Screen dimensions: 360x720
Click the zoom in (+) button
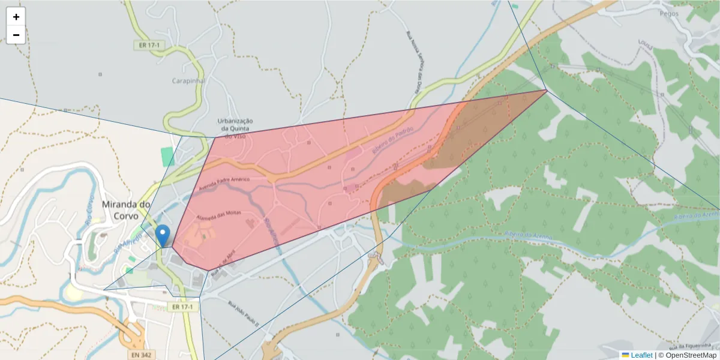[x=16, y=17]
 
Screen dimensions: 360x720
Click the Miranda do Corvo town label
[x=126, y=210]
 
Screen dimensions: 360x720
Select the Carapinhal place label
[x=188, y=80]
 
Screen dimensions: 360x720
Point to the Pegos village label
[x=669, y=13]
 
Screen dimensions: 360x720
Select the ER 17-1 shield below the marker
[x=182, y=307]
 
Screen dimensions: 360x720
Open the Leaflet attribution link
[x=641, y=355]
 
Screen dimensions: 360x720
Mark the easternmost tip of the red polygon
[x=547, y=91]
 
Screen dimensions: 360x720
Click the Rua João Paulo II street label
[x=242, y=313]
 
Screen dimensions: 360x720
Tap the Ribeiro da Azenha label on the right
[x=696, y=215]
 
